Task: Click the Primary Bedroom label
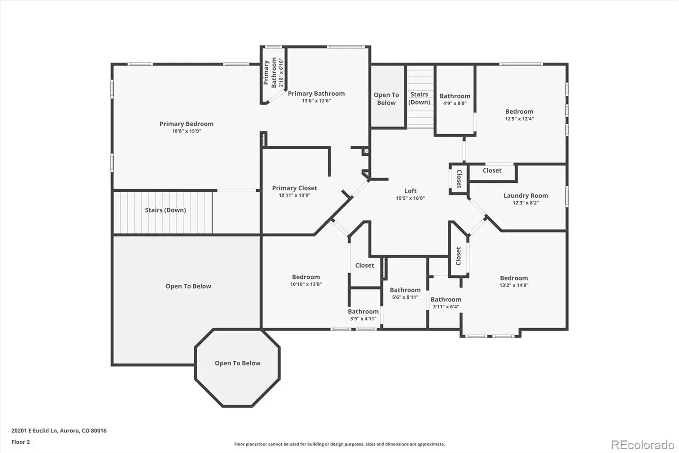[186, 124]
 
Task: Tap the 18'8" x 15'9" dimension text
[186, 131]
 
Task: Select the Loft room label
[410, 191]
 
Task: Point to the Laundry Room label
[526, 196]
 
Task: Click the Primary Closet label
[295, 188]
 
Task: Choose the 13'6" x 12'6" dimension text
[316, 101]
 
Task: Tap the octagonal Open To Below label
[238, 363]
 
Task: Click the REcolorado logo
[643, 445]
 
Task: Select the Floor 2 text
[21, 442]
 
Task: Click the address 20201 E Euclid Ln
[34, 430]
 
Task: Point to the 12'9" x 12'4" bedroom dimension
[519, 119]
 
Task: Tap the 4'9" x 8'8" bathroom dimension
[455, 103]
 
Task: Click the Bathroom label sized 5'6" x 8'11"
[405, 290]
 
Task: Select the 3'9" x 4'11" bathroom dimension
[363, 319]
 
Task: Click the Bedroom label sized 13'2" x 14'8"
[514, 278]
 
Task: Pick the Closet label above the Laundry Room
[492, 171]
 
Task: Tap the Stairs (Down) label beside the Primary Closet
[166, 210]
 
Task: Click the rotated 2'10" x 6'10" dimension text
[281, 73]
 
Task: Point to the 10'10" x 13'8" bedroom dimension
[306, 284]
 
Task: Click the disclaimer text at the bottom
[339, 444]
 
